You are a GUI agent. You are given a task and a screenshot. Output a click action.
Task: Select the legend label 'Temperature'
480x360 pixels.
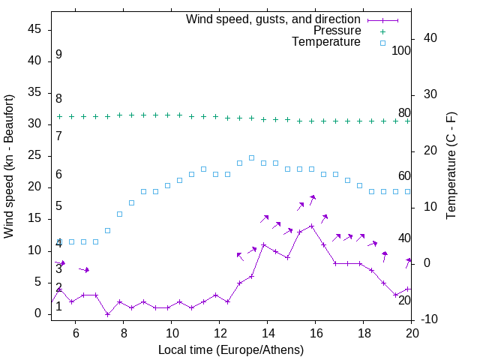(326, 43)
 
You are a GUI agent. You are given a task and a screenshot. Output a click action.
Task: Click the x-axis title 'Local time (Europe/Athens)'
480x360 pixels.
(232, 350)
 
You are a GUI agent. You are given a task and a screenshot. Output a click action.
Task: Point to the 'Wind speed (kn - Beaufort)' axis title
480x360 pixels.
(9, 166)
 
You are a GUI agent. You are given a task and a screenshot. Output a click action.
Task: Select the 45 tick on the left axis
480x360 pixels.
(34, 29)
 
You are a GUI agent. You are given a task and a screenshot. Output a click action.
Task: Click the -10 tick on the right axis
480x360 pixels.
(431, 319)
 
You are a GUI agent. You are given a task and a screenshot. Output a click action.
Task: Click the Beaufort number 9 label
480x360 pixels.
(58, 55)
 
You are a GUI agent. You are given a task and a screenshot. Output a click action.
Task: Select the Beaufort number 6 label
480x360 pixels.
(58, 175)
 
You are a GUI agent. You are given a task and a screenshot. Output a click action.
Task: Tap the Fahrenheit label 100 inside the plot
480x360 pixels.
(401, 50)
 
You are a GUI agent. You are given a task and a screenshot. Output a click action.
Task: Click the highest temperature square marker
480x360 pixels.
(251, 158)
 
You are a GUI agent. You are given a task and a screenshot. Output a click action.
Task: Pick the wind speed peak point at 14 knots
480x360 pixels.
(311, 225)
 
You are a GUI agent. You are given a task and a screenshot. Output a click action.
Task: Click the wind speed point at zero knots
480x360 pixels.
(107, 314)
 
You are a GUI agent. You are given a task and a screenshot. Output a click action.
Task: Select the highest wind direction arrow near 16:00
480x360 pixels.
(311, 198)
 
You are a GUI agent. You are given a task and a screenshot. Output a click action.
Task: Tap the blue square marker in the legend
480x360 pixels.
(382, 43)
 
